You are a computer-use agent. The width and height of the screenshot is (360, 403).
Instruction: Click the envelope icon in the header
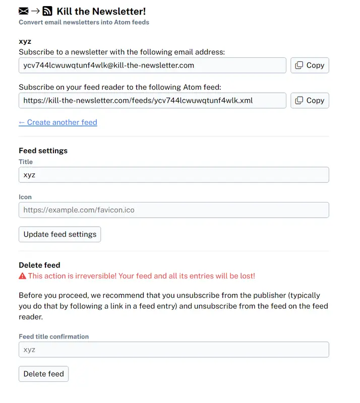point(24,11)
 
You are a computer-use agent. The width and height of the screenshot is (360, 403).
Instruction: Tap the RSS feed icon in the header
point(47,11)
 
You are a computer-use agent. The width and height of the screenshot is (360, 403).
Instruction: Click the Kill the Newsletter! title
point(101,11)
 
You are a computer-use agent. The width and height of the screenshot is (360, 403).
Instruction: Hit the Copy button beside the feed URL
point(310,100)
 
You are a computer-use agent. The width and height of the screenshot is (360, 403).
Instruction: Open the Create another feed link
point(58,122)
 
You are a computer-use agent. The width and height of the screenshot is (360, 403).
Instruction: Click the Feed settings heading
point(43,151)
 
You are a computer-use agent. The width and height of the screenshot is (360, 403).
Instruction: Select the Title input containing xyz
point(173,175)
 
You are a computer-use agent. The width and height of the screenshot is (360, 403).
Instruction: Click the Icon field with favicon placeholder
point(173,210)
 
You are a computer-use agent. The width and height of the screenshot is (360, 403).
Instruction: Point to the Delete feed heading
point(39,265)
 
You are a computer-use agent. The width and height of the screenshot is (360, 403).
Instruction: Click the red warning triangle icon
point(22,276)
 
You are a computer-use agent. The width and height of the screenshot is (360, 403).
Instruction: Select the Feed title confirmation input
point(173,350)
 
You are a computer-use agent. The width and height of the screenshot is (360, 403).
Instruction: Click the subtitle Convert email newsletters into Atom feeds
point(84,22)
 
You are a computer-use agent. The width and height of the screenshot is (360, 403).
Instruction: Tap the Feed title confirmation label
point(53,337)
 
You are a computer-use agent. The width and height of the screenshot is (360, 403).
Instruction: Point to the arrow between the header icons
point(35,11)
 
